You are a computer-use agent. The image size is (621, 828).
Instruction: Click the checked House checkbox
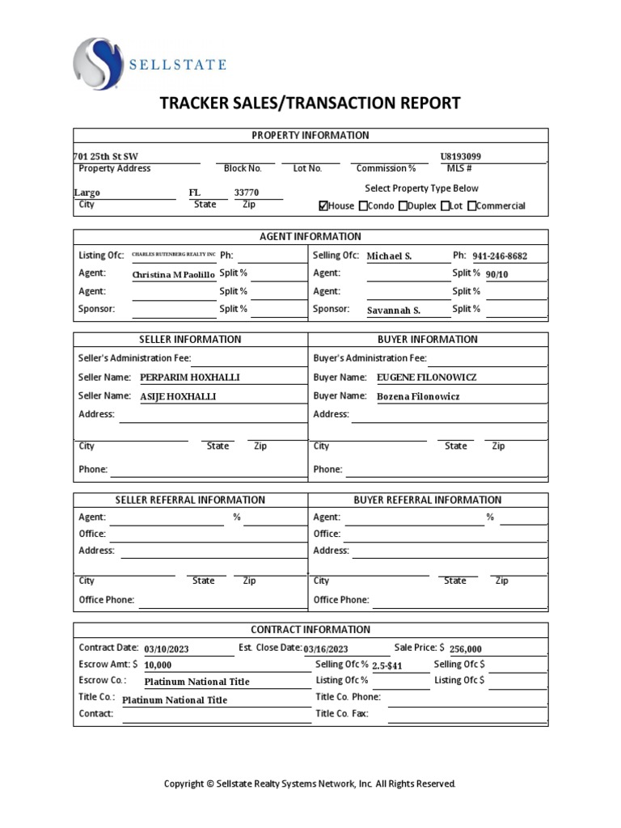[323, 206]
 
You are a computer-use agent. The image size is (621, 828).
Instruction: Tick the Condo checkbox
[363, 206]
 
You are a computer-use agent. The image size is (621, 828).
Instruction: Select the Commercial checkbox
[472, 206]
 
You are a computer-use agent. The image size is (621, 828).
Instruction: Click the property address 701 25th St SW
[100, 156]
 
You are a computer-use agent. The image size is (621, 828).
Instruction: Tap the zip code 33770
[247, 193]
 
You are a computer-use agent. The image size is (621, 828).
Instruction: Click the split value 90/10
[498, 274]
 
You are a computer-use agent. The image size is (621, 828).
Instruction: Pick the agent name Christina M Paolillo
[174, 274]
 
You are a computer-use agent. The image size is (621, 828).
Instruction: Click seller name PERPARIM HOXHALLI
[190, 378]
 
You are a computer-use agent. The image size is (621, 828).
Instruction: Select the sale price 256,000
[466, 648]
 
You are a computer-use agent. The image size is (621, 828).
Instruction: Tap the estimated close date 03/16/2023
[326, 648]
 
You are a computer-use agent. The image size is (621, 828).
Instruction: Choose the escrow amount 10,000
[158, 665]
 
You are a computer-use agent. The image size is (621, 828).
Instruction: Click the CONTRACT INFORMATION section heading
[310, 629]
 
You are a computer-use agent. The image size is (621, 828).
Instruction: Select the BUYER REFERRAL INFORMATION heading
[427, 500]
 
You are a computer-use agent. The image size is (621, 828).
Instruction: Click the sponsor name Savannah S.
[394, 310]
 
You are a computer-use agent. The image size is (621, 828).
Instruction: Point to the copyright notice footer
[310, 784]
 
